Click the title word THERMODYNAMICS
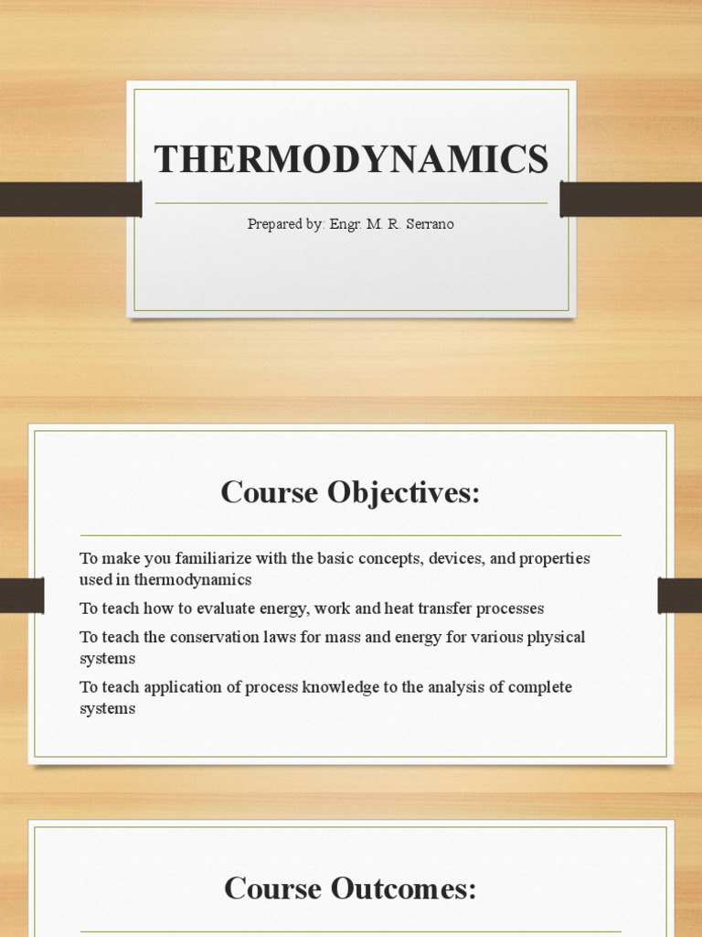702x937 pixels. point(351,160)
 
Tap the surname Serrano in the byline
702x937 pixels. point(425,224)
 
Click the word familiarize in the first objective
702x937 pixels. point(221,558)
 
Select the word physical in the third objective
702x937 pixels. point(556,637)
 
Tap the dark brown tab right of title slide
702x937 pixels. point(631,199)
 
